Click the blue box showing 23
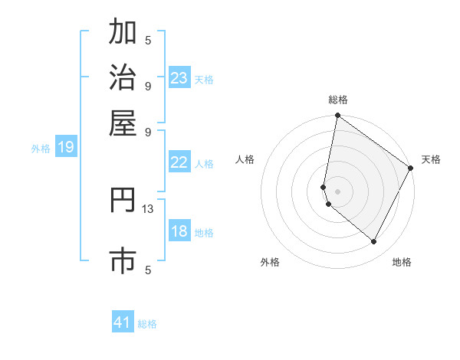pos(179,78)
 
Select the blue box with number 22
pos(179,162)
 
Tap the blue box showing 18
pos(179,231)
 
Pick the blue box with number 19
pos(66,147)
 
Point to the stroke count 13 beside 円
pos(148,208)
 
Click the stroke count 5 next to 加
pos(148,41)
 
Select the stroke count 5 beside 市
pos(148,269)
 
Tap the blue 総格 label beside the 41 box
pos(147,324)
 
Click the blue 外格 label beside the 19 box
pos(41,149)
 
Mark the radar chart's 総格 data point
pos(337,116)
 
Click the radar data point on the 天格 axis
pos(411,169)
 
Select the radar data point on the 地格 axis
pos(374,242)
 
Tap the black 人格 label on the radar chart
pos(245,159)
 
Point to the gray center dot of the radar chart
pos(337,191)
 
